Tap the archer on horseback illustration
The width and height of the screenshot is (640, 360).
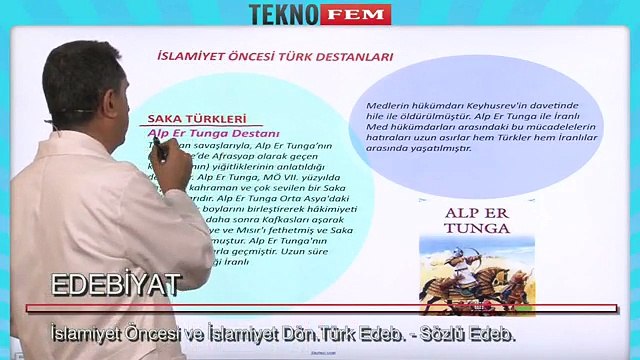coord(470,274)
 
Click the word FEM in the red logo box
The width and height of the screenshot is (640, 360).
coord(357,14)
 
